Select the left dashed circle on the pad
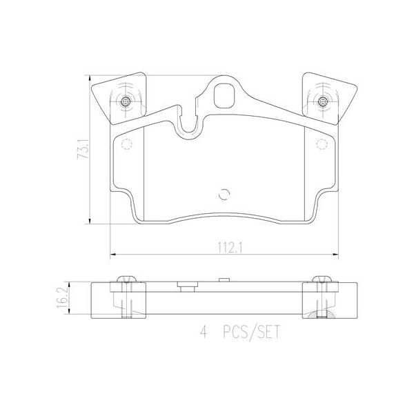point(126,145)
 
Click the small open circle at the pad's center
point(222,194)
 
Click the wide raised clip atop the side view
point(185,285)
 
